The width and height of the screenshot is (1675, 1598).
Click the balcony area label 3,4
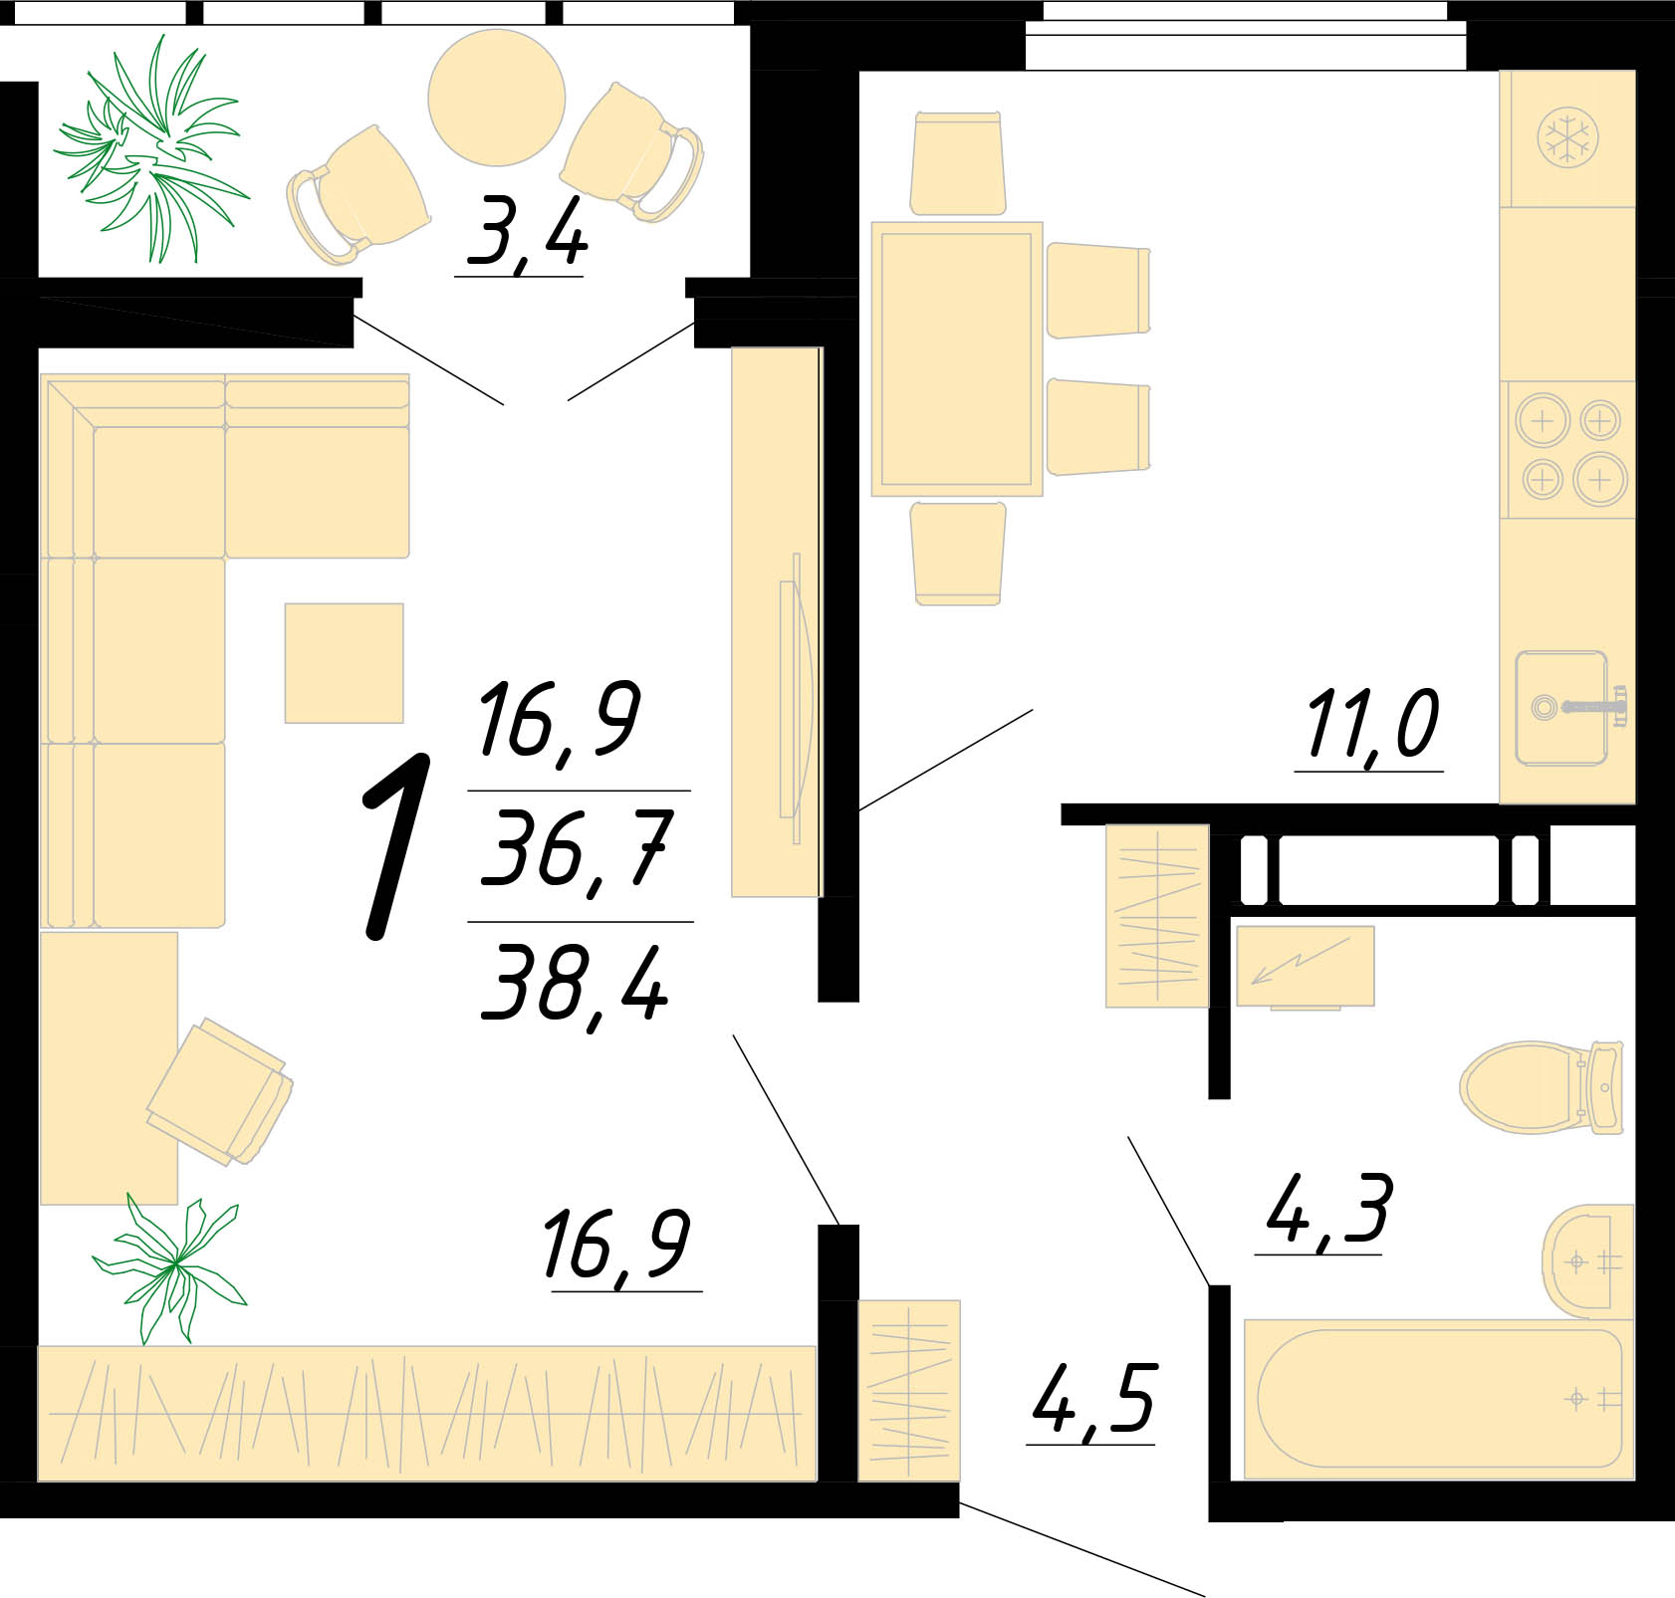527,232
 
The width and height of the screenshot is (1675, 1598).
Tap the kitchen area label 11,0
1372,726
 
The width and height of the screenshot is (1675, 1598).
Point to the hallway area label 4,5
1092,1400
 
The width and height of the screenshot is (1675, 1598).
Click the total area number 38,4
575,983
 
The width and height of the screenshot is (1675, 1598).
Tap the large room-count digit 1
396,846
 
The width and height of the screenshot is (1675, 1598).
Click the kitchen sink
1570,708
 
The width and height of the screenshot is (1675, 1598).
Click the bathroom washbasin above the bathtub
1588,1261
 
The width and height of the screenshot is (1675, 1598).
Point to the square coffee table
345,663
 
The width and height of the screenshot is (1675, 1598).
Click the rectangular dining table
957,358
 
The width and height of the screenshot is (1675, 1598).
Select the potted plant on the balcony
151,149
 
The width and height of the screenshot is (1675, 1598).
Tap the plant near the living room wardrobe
172,1265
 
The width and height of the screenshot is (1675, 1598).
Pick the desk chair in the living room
220,1091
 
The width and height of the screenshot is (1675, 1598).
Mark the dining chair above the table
958,163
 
